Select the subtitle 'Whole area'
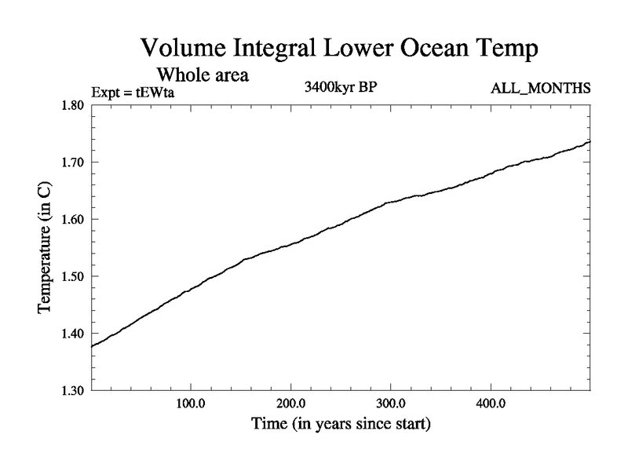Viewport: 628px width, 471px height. (x=203, y=75)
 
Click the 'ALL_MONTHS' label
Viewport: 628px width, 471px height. (x=540, y=88)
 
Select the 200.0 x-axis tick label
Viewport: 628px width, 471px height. (x=291, y=405)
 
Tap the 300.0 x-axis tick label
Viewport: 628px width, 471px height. (x=391, y=405)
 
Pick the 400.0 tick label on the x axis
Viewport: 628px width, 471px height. (x=491, y=405)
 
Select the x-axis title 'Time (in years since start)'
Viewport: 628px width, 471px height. (x=341, y=425)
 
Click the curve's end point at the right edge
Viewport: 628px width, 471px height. (x=590, y=141)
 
